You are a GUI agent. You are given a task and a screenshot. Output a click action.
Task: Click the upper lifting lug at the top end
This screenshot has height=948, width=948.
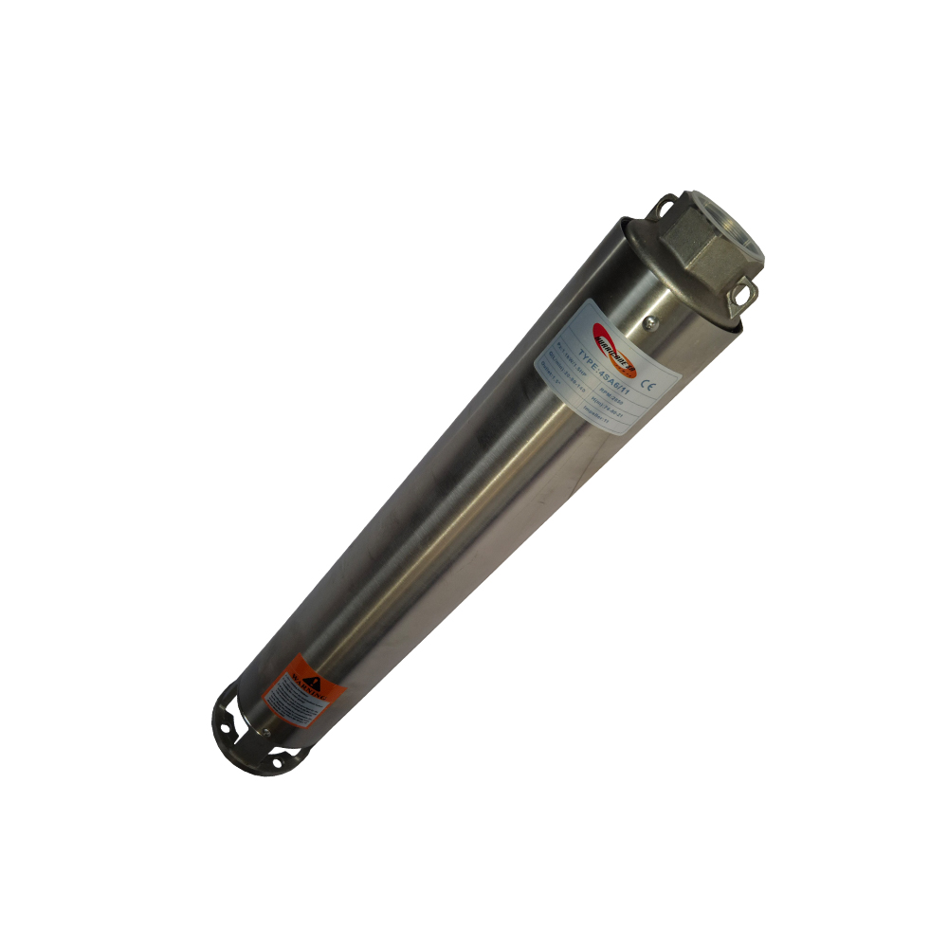pos(667,206)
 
